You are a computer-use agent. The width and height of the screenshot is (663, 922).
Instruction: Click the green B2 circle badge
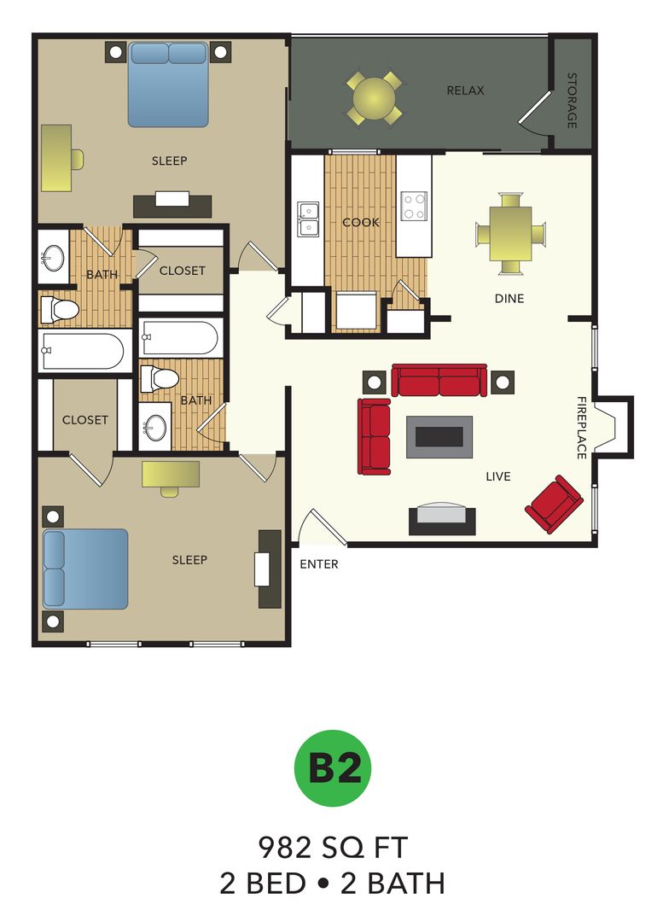pyautogui.click(x=333, y=767)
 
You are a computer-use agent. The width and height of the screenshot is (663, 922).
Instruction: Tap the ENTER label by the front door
pyautogui.click(x=319, y=564)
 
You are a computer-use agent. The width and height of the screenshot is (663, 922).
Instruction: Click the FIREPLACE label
pyautogui.click(x=581, y=428)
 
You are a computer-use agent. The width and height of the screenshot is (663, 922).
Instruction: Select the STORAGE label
pyautogui.click(x=572, y=101)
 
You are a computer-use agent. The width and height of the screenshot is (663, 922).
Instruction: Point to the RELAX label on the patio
pyautogui.click(x=465, y=90)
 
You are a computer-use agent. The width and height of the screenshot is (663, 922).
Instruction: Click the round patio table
pyautogui.click(x=374, y=97)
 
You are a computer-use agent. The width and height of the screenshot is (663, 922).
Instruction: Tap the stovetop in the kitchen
pyautogui.click(x=414, y=206)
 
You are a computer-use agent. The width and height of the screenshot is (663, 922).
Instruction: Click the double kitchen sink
pyautogui.click(x=307, y=219)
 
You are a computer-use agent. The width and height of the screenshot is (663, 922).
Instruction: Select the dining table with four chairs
pyautogui.click(x=509, y=233)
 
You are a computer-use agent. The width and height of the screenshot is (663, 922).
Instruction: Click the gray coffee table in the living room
pyautogui.click(x=439, y=436)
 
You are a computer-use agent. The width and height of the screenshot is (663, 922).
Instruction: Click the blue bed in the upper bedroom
pyautogui.click(x=168, y=84)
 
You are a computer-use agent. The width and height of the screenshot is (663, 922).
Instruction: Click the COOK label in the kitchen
pyautogui.click(x=360, y=223)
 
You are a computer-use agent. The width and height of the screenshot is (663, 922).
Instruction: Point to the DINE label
pyautogui.click(x=509, y=299)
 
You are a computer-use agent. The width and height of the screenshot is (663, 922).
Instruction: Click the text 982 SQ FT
pyautogui.click(x=333, y=848)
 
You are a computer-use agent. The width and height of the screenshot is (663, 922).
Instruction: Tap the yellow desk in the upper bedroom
pyautogui.click(x=56, y=158)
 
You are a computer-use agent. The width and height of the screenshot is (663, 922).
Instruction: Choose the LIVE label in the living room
pyautogui.click(x=497, y=476)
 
